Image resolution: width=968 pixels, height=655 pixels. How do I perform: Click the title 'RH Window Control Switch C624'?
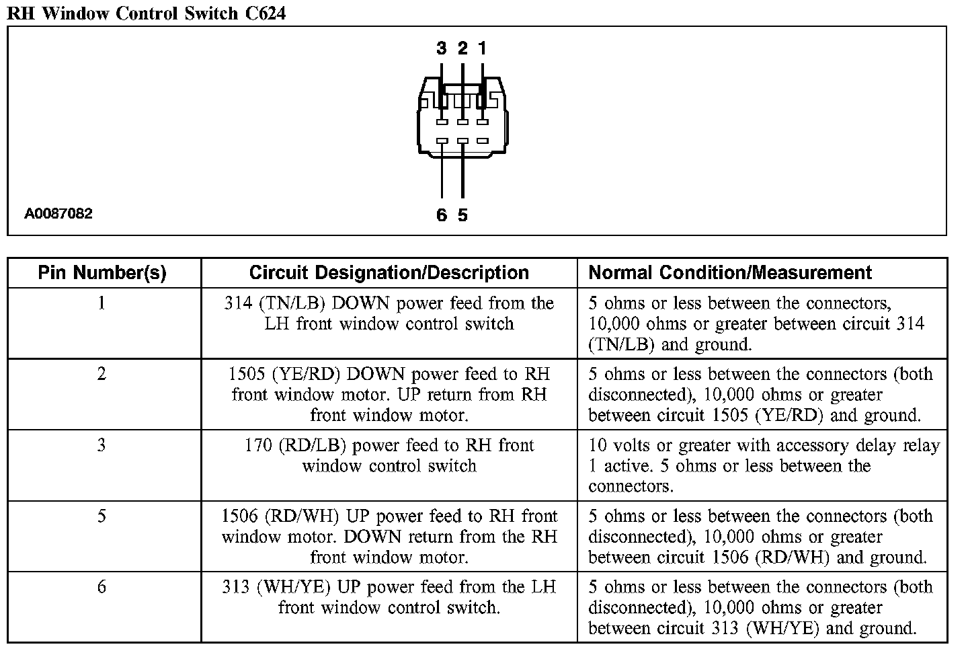click(x=146, y=12)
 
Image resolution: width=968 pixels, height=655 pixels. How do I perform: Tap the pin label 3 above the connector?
click(x=442, y=48)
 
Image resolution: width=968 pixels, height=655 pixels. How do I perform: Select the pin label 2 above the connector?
click(x=462, y=48)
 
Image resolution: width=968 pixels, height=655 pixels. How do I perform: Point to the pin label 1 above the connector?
click(x=482, y=48)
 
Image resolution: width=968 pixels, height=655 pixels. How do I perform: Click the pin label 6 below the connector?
click(x=442, y=215)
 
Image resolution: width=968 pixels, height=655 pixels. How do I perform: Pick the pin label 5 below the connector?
click(x=462, y=215)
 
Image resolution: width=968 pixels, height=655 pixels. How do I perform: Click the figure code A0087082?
click(x=58, y=214)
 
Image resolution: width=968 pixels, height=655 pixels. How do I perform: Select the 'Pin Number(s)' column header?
click(x=102, y=272)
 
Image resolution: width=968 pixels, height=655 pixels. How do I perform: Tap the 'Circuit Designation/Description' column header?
click(x=389, y=272)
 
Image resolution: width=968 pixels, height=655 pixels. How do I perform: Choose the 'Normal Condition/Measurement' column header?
click(x=730, y=272)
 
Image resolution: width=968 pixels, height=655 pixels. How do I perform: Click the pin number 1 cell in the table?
click(x=102, y=303)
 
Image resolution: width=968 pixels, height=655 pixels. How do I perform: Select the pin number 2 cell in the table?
click(x=102, y=374)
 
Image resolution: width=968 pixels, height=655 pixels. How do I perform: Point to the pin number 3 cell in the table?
click(x=102, y=445)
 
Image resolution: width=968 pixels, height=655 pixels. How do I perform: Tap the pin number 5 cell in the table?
click(x=102, y=516)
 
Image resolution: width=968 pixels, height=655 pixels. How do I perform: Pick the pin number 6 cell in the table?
click(x=102, y=587)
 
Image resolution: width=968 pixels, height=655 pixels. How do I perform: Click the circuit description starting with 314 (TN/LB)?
click(x=389, y=313)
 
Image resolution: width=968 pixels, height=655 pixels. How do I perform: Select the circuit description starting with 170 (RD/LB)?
click(x=389, y=455)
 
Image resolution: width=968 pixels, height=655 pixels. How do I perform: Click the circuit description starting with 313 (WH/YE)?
click(x=389, y=597)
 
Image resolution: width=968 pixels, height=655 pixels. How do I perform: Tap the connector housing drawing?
click(x=462, y=118)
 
